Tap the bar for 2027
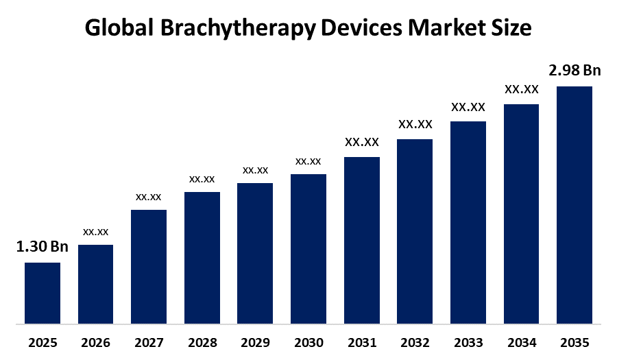click(x=149, y=266)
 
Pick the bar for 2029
click(x=255, y=253)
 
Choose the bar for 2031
click(x=361, y=240)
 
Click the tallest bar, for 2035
click(x=574, y=204)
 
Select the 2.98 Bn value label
click(x=574, y=71)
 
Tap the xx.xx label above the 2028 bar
click(x=202, y=179)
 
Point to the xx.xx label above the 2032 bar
click(x=415, y=124)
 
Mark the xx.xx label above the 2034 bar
click(x=521, y=89)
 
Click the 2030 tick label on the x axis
click(x=308, y=341)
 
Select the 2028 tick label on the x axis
click(x=202, y=341)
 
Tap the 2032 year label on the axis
click(x=415, y=341)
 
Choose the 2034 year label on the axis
click(x=521, y=341)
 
